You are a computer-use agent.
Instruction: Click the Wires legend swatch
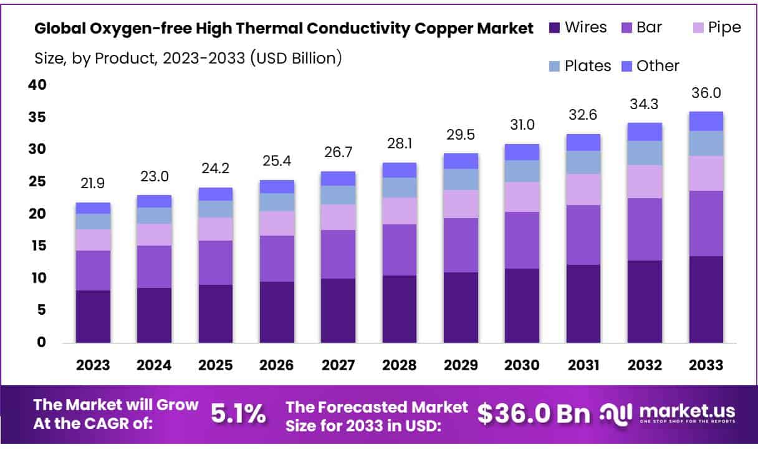[x=554, y=28]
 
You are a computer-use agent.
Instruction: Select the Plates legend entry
[x=588, y=66]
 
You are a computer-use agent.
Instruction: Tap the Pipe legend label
[x=724, y=28]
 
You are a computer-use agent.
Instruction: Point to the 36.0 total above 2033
[x=706, y=93]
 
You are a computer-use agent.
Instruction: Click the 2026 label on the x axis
[x=277, y=365]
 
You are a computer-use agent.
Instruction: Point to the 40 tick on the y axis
[x=37, y=85]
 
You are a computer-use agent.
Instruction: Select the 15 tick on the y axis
[x=37, y=246]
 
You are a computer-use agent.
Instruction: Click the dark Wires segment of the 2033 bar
[x=706, y=299]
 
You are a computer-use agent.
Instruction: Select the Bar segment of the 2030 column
[x=522, y=240]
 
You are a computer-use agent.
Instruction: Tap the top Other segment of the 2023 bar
[x=93, y=208]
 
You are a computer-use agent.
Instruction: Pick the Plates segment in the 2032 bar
[x=645, y=153]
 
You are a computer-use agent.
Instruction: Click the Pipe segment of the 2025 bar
[x=215, y=229]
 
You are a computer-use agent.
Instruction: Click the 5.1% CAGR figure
[x=238, y=414]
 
